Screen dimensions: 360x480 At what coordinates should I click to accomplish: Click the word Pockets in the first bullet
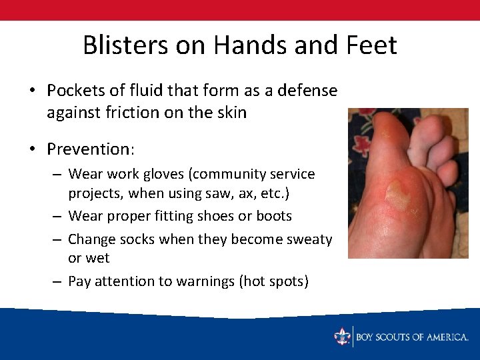pos(74,90)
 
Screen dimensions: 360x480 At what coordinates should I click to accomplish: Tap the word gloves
pos(164,174)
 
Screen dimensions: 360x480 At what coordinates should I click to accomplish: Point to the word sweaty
pos(309,239)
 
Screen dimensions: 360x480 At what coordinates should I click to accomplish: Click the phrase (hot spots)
pos(273,281)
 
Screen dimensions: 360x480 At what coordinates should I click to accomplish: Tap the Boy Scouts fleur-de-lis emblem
pos(343,337)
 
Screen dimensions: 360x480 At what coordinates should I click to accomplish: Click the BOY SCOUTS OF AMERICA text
pos(412,337)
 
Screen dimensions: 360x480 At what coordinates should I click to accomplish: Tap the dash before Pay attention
pos(58,281)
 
